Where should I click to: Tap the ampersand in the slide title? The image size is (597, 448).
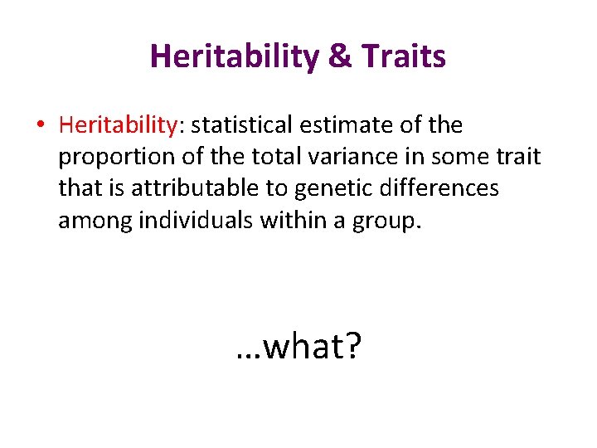click(x=341, y=57)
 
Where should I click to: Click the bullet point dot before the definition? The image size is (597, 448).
click(x=40, y=126)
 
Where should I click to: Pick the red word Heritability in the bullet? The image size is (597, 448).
click(x=118, y=126)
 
